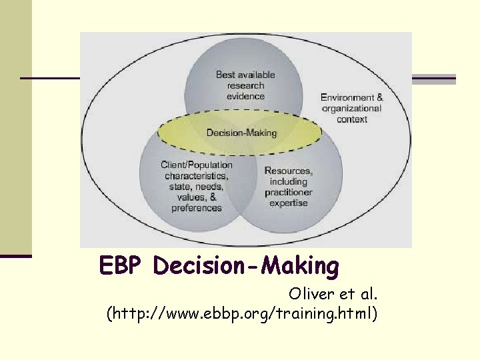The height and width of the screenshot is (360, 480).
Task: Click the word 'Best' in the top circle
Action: point(225,75)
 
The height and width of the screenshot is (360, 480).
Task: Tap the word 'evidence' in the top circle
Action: point(245,96)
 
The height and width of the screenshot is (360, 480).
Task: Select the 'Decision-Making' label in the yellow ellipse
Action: point(241,133)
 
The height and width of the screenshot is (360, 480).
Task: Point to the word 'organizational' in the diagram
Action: point(352,108)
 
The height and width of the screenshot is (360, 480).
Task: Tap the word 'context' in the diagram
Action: point(352,119)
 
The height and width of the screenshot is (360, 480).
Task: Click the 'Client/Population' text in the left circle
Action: point(197,165)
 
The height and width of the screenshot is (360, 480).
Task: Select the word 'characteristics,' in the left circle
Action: point(197,176)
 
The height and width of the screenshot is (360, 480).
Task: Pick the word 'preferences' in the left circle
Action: point(197,208)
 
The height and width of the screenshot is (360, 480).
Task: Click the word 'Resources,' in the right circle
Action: point(288,171)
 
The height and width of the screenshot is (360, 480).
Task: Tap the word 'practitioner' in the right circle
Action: point(289,192)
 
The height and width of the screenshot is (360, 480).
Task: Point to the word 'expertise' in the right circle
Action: point(289,203)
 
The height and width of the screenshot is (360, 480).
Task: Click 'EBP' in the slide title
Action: point(122,266)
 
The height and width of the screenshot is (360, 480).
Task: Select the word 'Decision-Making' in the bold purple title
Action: point(246,266)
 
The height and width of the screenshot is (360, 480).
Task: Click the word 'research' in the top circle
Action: point(245,85)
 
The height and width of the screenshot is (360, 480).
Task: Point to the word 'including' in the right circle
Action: point(289,181)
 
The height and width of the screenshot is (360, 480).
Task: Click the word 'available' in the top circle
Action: point(255,75)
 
